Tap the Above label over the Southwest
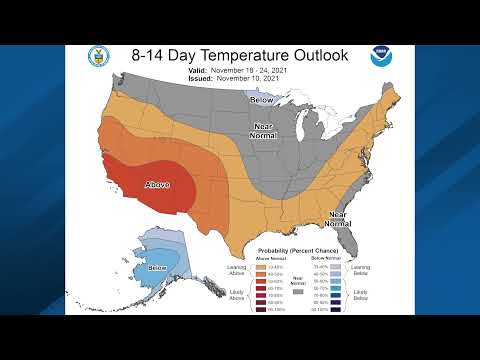[x=159, y=185]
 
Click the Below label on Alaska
[x=158, y=268]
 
